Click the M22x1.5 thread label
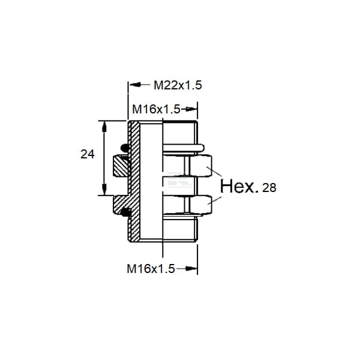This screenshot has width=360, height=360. [178, 85]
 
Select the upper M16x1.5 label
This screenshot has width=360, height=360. [157, 109]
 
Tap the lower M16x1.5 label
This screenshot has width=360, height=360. [151, 269]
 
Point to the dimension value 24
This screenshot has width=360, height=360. [88, 154]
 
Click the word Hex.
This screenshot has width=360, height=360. [239, 186]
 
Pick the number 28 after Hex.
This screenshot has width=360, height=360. [269, 188]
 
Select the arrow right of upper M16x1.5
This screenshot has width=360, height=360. [189, 109]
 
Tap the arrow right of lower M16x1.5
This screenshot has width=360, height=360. [187, 268]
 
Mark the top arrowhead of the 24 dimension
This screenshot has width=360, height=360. [104, 127]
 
